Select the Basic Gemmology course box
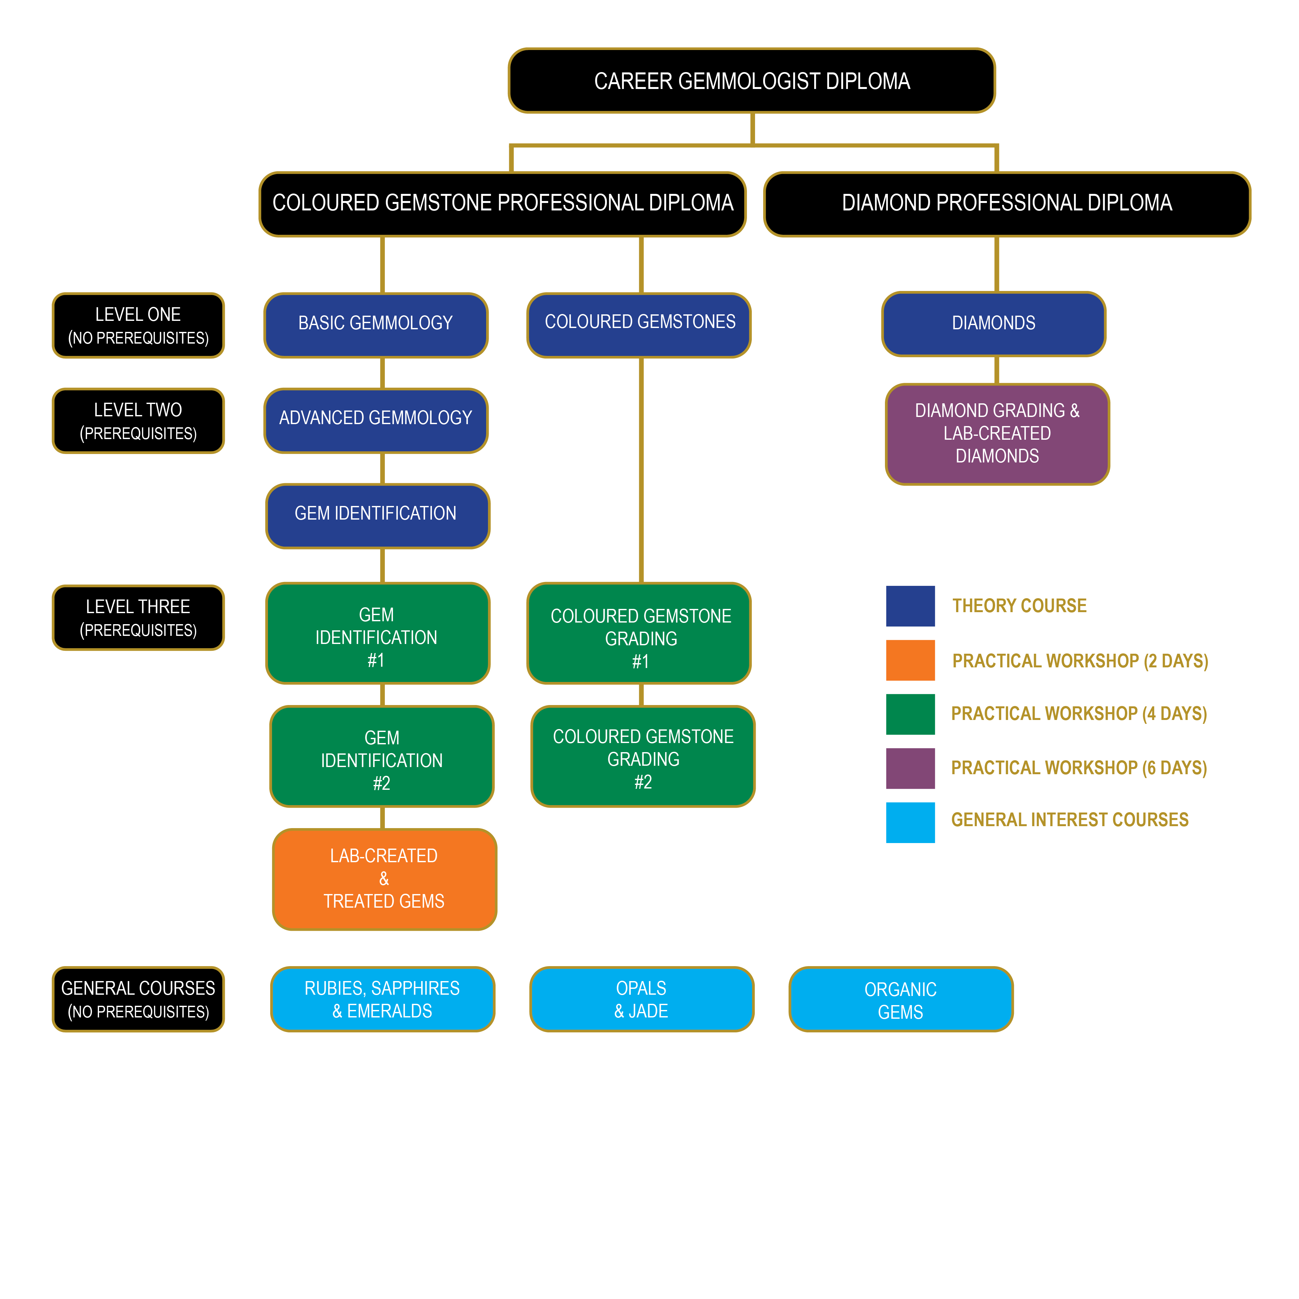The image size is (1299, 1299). click(x=376, y=324)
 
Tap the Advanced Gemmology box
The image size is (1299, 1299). click(x=376, y=420)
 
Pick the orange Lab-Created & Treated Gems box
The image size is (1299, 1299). click(x=384, y=879)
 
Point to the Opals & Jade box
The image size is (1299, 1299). click(x=641, y=999)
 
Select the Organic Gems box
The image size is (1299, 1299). click(x=900, y=999)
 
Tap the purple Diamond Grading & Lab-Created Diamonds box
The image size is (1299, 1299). click(x=996, y=434)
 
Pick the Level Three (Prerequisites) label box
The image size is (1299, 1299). click(x=138, y=617)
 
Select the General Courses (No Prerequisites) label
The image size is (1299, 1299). click(x=138, y=999)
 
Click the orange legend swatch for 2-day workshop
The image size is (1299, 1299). click(x=910, y=660)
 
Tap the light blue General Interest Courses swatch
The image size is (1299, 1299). click(x=910, y=822)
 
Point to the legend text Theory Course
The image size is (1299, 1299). click(x=1019, y=606)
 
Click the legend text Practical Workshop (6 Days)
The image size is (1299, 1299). click(x=1078, y=768)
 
